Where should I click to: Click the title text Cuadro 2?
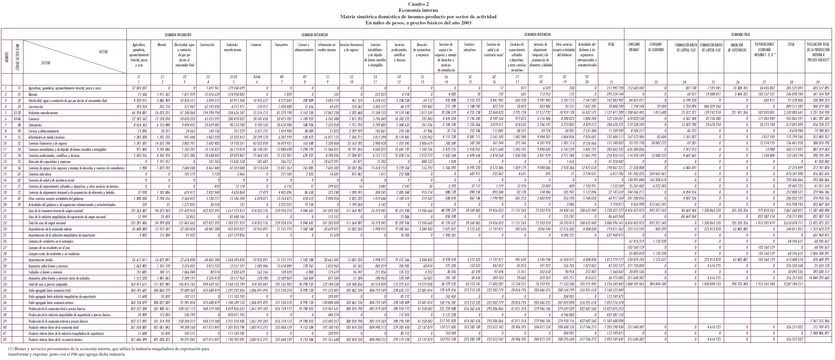point(418,4)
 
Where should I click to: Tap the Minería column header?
point(162,45)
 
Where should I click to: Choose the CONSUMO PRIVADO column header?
point(634,47)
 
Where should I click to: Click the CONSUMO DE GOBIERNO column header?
point(656,47)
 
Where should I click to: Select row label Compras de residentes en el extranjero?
point(51,241)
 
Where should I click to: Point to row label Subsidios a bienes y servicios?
point(45,272)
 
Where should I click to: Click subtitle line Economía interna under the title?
point(418,11)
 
